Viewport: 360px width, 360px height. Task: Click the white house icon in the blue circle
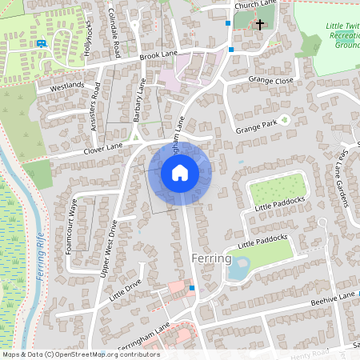(x=180, y=173)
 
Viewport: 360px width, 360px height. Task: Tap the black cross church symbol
(x=259, y=25)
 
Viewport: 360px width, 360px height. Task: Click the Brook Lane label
(x=157, y=55)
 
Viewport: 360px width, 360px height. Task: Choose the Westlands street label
(x=66, y=85)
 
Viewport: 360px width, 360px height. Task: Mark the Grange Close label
(x=272, y=80)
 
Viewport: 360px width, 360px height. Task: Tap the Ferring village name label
(x=212, y=259)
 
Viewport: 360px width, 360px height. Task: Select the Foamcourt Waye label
(x=70, y=225)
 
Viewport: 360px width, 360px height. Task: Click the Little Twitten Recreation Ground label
(x=342, y=36)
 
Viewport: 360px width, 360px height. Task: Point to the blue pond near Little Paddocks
(x=238, y=270)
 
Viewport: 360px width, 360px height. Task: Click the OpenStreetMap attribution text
(x=81, y=354)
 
